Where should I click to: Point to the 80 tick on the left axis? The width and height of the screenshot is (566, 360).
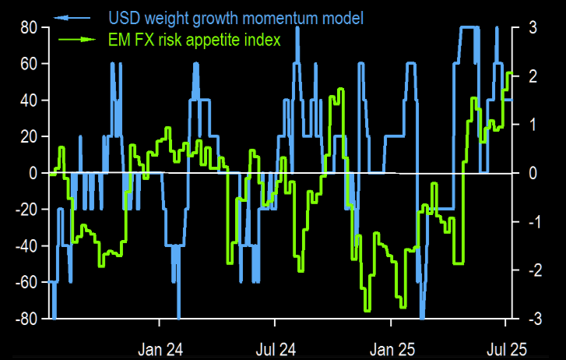(x=29, y=27)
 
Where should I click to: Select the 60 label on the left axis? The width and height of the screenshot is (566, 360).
(x=29, y=64)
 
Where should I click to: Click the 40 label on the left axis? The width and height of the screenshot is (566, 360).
(x=29, y=101)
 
